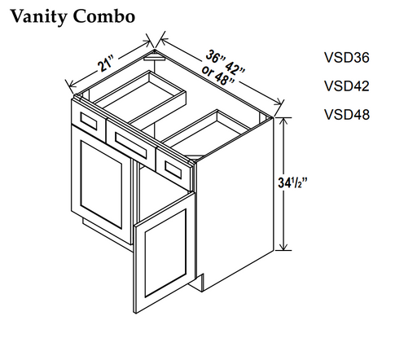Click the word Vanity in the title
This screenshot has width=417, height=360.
click(x=39, y=17)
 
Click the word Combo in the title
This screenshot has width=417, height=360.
click(x=104, y=16)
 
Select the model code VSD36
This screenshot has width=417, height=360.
click(x=347, y=58)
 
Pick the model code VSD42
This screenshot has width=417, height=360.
click(x=347, y=86)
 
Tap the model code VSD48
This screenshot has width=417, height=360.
click(x=347, y=114)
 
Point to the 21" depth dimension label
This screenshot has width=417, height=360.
click(x=106, y=64)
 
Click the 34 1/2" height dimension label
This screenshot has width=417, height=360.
click(x=292, y=182)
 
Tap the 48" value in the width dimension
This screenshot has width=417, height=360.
click(x=225, y=79)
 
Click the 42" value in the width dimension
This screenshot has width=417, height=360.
click(x=235, y=68)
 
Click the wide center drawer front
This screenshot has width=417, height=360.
click(x=131, y=144)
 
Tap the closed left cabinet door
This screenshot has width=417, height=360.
click(x=101, y=184)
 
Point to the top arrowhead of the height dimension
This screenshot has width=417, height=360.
click(x=283, y=121)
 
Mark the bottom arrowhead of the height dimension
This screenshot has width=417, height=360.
click(x=283, y=246)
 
